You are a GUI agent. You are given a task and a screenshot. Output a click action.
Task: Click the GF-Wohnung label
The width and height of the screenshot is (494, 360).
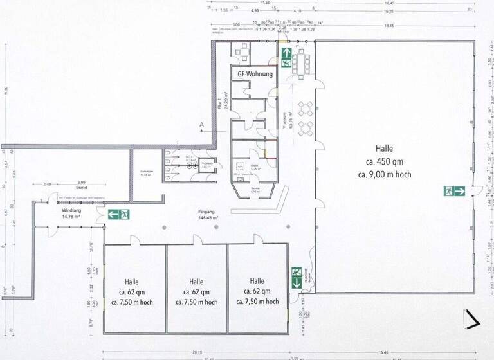tap(255, 74)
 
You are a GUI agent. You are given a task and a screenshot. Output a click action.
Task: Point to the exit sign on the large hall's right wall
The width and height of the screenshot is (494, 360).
tap(454, 191)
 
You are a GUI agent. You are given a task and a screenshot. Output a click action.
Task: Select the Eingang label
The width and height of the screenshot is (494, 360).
tap(206, 212)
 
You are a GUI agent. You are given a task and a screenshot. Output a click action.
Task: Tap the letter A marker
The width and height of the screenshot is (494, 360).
tap(202, 124)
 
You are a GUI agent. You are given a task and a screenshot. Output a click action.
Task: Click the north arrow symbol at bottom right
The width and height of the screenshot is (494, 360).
tap(473, 319)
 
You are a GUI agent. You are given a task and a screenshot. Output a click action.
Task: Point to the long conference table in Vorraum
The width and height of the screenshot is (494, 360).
tap(300, 63)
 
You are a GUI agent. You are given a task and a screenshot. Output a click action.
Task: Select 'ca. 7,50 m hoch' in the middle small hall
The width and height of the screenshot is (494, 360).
tap(196, 302)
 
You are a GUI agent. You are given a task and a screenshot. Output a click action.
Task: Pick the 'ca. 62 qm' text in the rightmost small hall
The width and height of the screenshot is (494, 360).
tap(257, 291)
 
